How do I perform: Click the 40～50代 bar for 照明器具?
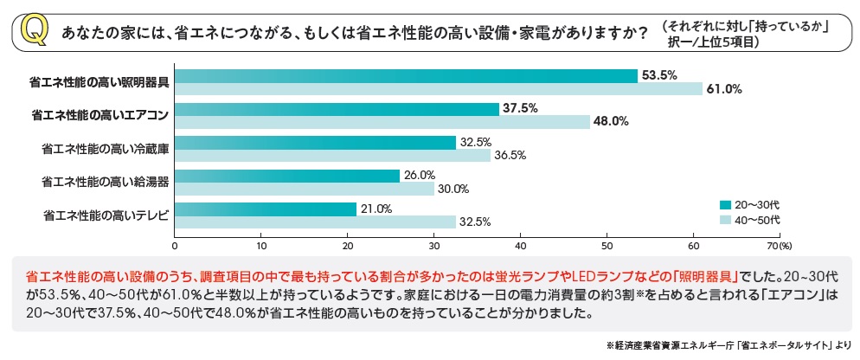tap(438, 88)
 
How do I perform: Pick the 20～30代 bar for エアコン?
tap(337, 108)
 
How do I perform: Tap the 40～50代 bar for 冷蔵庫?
tap(332, 155)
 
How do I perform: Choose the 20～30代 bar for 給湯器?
tap(287, 176)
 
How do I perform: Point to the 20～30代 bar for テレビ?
tap(266, 209)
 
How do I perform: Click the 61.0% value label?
tap(724, 89)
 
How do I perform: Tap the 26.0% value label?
tap(420, 175)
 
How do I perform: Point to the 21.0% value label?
tap(376, 209)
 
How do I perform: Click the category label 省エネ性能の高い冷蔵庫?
tap(105, 148)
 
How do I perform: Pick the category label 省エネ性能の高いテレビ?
tap(105, 215)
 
